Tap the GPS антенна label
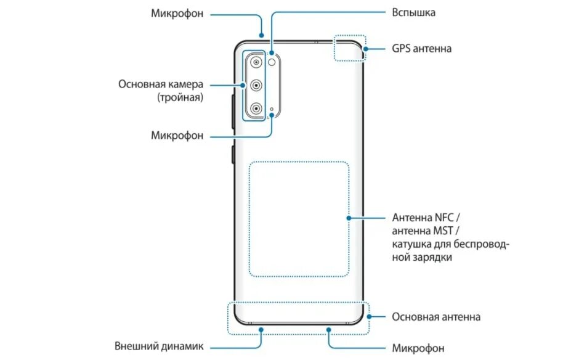pos(421,48)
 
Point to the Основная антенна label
pos(436,317)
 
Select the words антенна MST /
pos(423,231)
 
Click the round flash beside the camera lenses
pos(272,62)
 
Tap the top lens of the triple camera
pos(255,62)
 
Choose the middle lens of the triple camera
pos(255,86)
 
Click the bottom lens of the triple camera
pos(255,109)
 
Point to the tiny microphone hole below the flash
pos(272,110)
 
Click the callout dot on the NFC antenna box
pos(349,218)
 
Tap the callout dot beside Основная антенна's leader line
pos(368,317)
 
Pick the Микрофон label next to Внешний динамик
pos(418,348)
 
